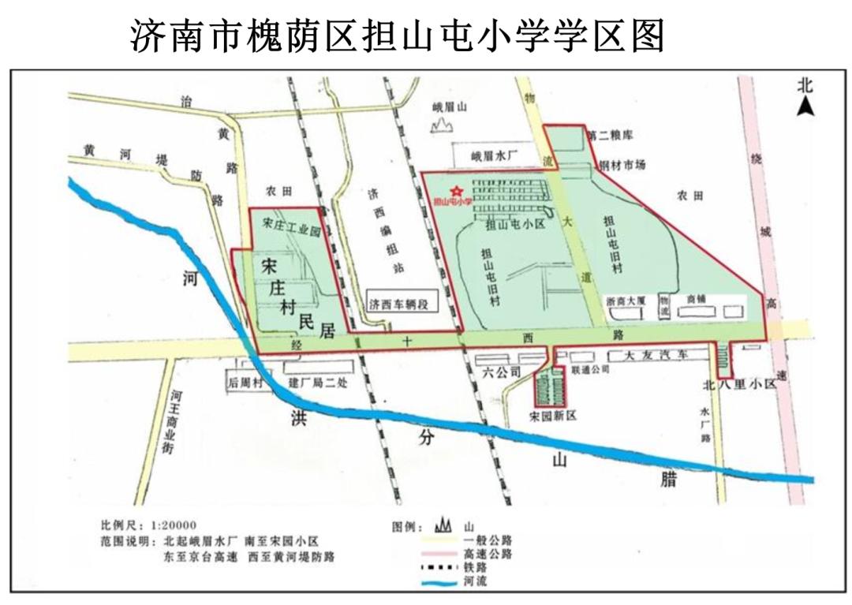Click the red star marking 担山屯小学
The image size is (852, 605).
point(455,190)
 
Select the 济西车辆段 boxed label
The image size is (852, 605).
point(398,304)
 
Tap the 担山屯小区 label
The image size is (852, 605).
point(517,223)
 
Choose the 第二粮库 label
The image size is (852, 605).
point(611,136)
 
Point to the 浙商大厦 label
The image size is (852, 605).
point(626,301)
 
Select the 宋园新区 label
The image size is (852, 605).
point(554,415)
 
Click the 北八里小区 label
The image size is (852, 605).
point(740,386)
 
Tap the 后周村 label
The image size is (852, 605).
point(244,383)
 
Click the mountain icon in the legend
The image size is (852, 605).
point(442,525)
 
